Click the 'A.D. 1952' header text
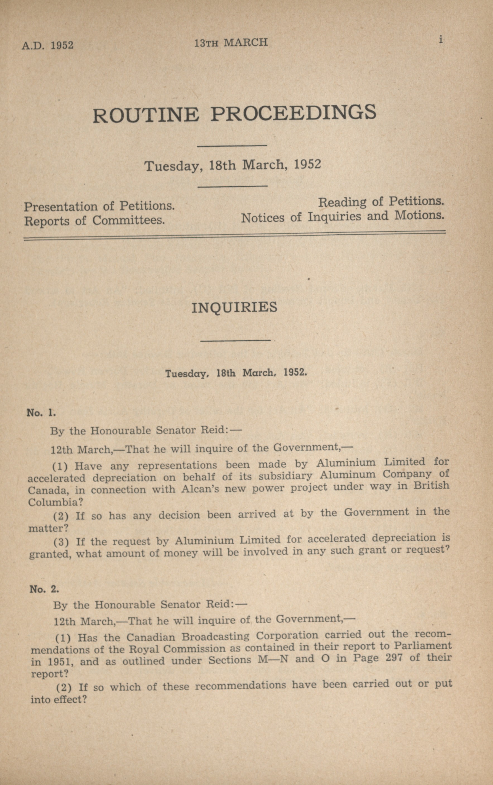coord(48,45)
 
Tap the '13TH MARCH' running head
coord(231,43)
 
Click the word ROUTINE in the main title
coord(145,115)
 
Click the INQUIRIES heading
coord(234,308)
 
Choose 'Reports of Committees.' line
coord(95,221)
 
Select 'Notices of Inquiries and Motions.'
coord(343,217)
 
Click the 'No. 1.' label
coord(41,413)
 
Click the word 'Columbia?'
coord(56,502)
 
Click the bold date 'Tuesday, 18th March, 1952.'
coord(236,373)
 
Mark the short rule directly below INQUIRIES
coord(235,341)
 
